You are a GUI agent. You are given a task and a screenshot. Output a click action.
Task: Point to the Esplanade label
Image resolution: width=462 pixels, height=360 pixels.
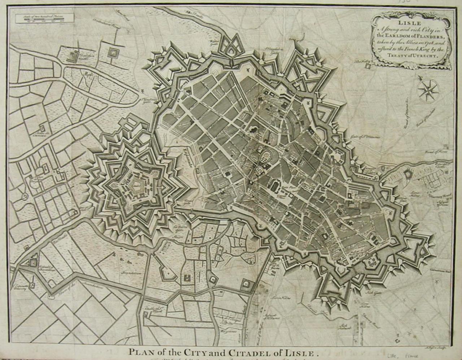[x=188, y=159]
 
